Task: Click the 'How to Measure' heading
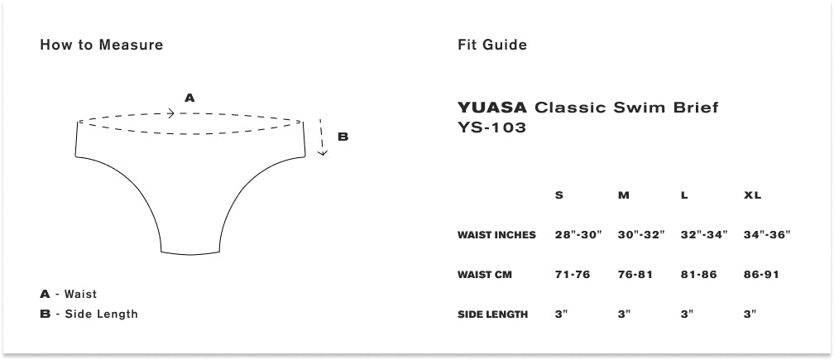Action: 101,45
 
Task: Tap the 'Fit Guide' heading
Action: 491,45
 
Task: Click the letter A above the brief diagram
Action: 189,98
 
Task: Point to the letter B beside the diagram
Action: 343,137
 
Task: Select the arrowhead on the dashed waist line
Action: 170,113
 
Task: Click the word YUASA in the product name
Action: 492,108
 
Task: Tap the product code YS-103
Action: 491,127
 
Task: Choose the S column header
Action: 559,195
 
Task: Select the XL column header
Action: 752,195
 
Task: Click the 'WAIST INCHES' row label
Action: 496,235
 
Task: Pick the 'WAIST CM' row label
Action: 485,275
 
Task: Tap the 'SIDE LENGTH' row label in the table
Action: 492,314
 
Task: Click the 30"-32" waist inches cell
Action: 641,235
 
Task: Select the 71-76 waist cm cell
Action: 573,275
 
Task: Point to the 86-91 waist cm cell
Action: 761,275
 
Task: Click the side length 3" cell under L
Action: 686,314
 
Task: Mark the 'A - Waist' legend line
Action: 68,294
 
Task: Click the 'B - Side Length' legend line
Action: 89,314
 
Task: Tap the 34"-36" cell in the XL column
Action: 767,235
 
